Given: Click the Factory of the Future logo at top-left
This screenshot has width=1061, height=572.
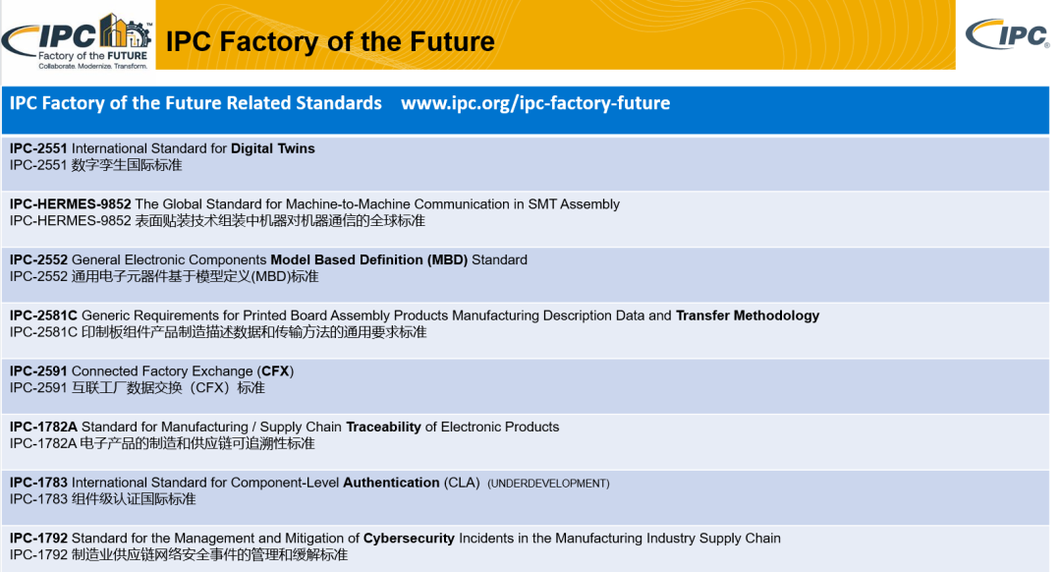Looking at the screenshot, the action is click(x=78, y=40).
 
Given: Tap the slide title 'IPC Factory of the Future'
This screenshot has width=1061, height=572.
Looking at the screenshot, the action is click(x=330, y=41).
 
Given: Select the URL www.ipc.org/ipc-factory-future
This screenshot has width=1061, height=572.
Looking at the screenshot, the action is click(x=535, y=103).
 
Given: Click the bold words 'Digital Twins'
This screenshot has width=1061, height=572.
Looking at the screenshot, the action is click(x=273, y=148).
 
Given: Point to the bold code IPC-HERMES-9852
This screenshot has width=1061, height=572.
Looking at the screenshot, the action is click(x=71, y=203).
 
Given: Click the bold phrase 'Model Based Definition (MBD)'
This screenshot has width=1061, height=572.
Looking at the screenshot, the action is click(x=368, y=259).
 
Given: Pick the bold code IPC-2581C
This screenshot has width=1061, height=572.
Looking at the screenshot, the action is click(x=43, y=315).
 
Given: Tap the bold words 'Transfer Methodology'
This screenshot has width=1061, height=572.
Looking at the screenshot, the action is click(x=748, y=315).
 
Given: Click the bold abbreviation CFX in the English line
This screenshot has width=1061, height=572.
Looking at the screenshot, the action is click(x=275, y=371).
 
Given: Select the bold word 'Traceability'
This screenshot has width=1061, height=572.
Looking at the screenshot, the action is click(x=384, y=428).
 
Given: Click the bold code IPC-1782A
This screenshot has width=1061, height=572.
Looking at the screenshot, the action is click(x=43, y=427).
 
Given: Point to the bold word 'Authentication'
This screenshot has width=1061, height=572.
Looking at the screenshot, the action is click(x=391, y=483).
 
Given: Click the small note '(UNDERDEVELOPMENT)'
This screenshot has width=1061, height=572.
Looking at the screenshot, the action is click(x=548, y=484).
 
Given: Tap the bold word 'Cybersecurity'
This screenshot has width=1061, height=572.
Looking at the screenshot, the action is click(x=409, y=539).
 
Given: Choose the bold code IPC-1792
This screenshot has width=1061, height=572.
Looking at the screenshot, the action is click(x=38, y=539).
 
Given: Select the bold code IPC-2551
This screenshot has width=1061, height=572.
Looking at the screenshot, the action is click(x=38, y=148).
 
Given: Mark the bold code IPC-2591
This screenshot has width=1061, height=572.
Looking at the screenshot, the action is click(x=38, y=371).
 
